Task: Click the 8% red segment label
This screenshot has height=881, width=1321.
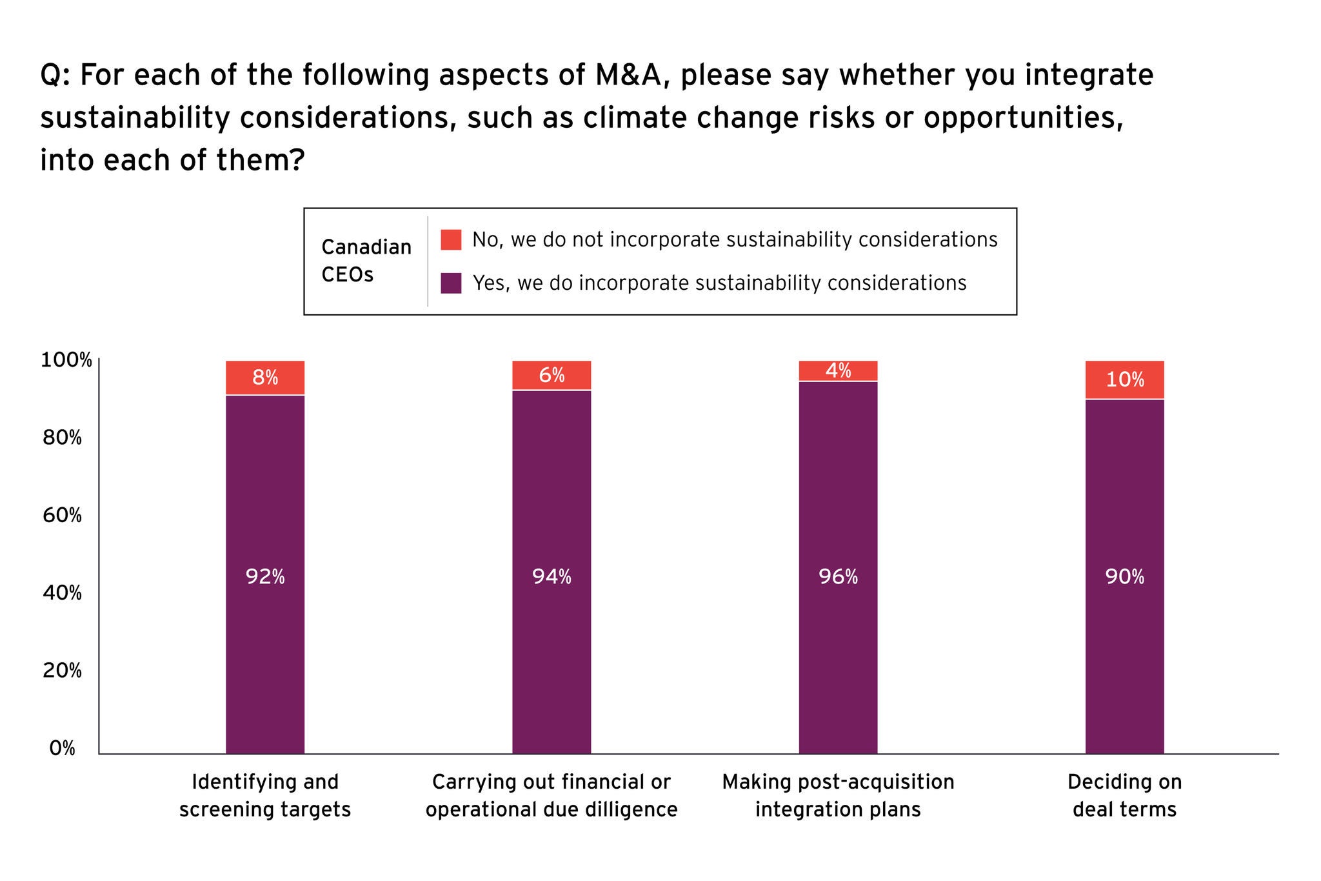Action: (x=265, y=378)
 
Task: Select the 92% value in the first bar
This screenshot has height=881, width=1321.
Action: (x=265, y=576)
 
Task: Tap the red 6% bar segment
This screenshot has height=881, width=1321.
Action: (x=551, y=376)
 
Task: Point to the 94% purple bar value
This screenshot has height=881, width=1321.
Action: (x=551, y=576)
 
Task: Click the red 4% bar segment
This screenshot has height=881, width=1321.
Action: (x=838, y=371)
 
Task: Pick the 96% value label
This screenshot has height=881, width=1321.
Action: (x=838, y=576)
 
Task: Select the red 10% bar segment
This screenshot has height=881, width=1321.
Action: (x=1125, y=380)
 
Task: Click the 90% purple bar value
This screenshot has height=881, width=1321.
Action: (x=1125, y=576)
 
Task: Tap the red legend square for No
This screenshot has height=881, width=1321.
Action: (x=451, y=239)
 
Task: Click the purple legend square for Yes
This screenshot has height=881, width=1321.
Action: (x=451, y=283)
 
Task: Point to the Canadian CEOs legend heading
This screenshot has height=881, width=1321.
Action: (x=366, y=261)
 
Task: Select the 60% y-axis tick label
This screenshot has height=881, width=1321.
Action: (x=63, y=515)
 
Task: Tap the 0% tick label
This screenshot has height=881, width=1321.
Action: (x=63, y=748)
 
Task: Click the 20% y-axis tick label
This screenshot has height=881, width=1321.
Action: (x=63, y=671)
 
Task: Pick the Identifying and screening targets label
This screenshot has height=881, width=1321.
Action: (x=265, y=795)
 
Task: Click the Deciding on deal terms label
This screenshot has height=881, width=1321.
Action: (x=1125, y=795)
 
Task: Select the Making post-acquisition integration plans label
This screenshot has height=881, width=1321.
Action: (x=838, y=795)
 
